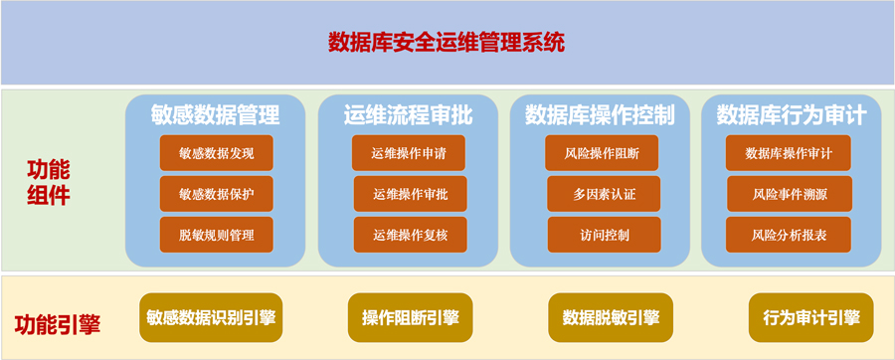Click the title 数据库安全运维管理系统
(447, 42)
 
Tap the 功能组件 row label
(48, 183)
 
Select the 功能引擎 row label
(57, 324)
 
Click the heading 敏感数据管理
(215, 115)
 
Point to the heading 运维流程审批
(408, 115)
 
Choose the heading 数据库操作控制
(600, 115)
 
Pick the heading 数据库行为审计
(792, 115)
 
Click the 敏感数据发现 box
(217, 153)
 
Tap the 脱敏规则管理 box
(217, 235)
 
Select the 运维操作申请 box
(409, 153)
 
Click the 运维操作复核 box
(411, 235)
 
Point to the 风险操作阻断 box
(602, 153)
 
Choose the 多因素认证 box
(604, 194)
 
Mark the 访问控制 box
(605, 235)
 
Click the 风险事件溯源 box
(790, 194)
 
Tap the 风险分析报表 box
(789, 235)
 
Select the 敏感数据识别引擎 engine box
(211, 318)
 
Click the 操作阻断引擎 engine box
(410, 318)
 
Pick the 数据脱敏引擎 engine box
(611, 318)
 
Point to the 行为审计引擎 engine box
(811, 318)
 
